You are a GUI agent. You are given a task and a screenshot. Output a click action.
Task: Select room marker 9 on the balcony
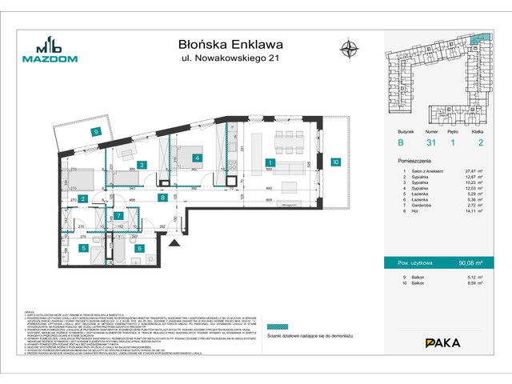[x=95, y=132]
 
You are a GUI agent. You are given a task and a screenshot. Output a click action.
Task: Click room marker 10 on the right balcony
[x=336, y=162]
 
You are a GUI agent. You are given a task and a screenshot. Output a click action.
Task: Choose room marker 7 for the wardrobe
[x=118, y=216]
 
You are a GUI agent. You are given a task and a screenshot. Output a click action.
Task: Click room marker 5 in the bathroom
[x=84, y=248]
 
